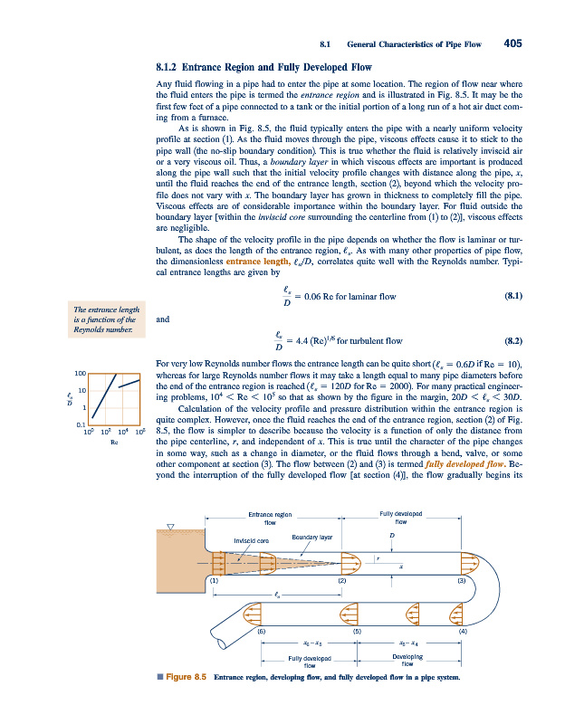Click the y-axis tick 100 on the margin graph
click(80, 372)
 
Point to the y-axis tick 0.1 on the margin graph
click(81, 424)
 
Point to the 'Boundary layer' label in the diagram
click(312, 538)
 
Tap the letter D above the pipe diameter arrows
click(391, 536)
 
